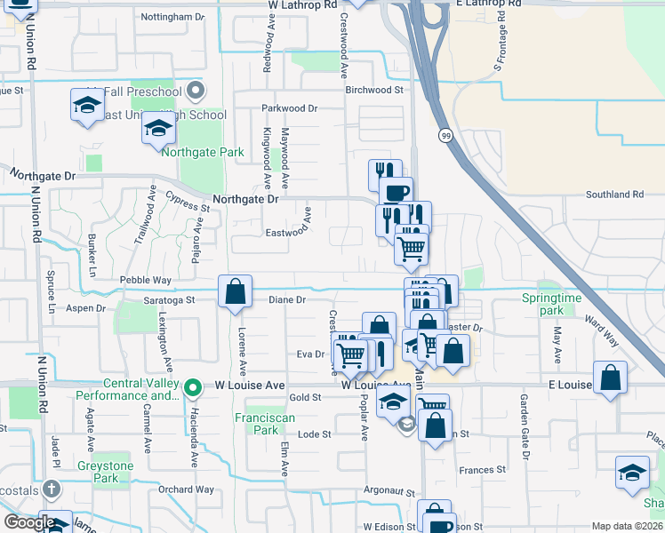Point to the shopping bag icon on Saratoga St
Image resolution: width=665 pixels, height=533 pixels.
click(x=235, y=292)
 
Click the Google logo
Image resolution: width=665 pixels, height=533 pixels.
click(x=28, y=522)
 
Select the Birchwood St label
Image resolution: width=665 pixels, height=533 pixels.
click(x=374, y=90)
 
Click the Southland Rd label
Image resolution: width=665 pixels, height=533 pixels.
click(x=614, y=195)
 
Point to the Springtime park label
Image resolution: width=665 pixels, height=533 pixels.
click(x=550, y=305)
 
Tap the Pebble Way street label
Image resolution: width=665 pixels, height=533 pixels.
click(x=145, y=280)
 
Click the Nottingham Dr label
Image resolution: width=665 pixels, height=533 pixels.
click(x=172, y=17)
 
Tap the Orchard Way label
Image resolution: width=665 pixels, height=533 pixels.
click(x=187, y=489)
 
